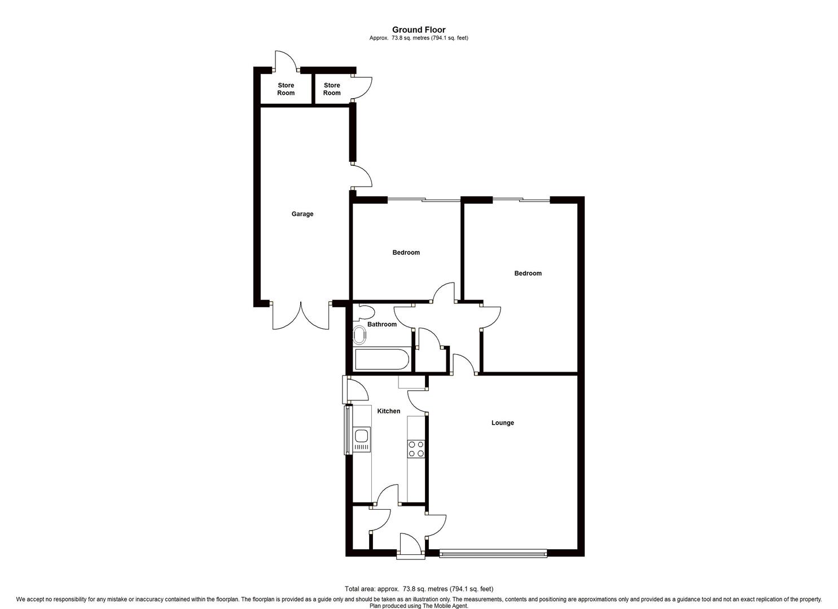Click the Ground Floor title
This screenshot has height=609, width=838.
point(419,30)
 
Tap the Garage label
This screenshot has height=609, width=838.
point(302,214)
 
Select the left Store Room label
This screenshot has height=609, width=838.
point(286,89)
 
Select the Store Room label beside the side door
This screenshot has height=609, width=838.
point(332,89)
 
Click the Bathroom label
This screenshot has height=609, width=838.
point(382,325)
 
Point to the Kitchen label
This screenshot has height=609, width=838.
point(389,412)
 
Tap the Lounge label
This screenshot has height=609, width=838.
point(502,423)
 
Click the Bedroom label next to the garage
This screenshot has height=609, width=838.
point(406,253)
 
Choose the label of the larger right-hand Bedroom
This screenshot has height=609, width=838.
point(528,273)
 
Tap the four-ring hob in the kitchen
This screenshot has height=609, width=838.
point(416,449)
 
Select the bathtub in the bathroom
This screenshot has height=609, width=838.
point(381,360)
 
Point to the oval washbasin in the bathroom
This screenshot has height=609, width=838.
point(359,336)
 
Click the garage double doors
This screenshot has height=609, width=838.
point(301,316)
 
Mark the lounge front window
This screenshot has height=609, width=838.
point(493,554)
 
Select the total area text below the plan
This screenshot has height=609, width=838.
point(419,589)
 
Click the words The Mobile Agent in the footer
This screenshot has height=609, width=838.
point(446,606)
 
